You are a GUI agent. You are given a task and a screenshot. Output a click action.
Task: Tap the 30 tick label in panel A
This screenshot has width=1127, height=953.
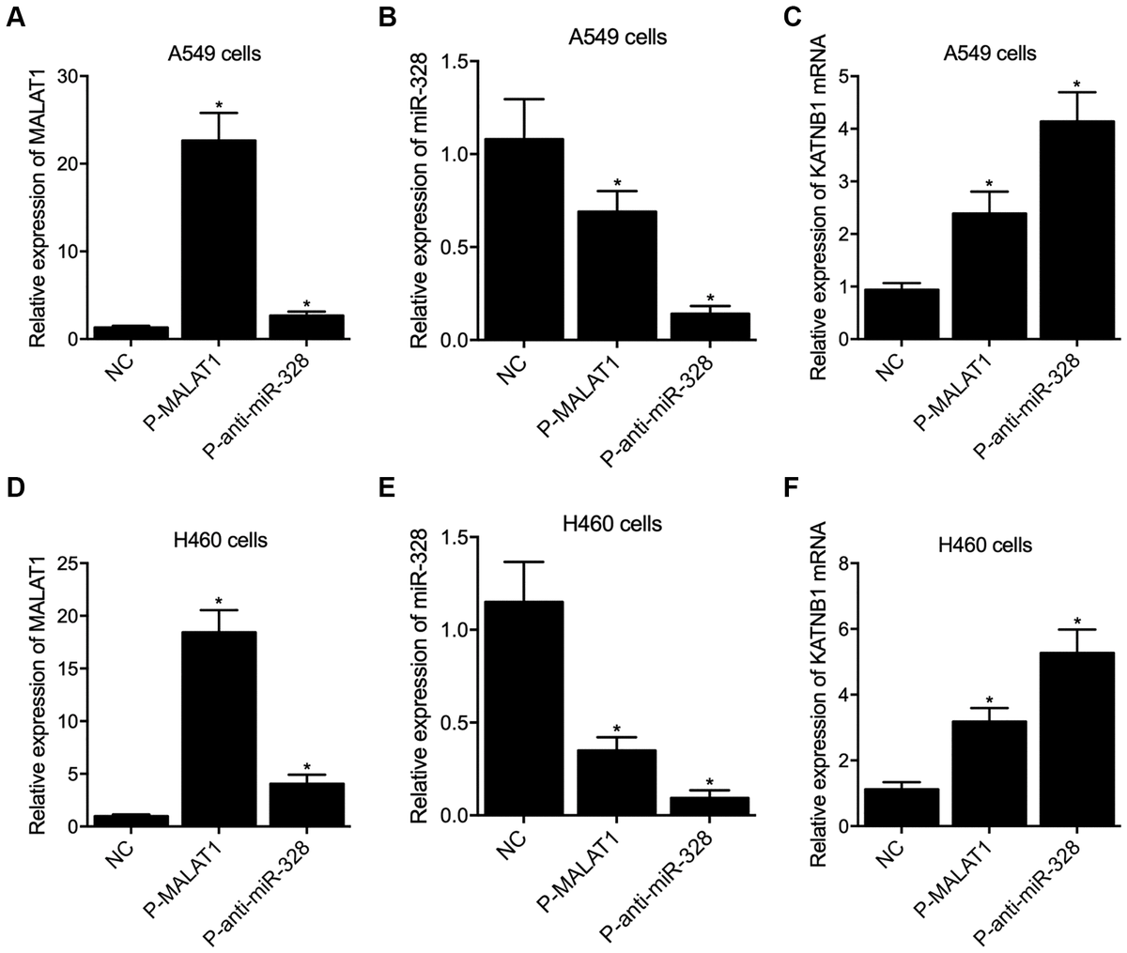click(x=67, y=76)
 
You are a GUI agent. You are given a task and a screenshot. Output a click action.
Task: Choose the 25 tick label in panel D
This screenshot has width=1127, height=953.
click(x=67, y=563)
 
